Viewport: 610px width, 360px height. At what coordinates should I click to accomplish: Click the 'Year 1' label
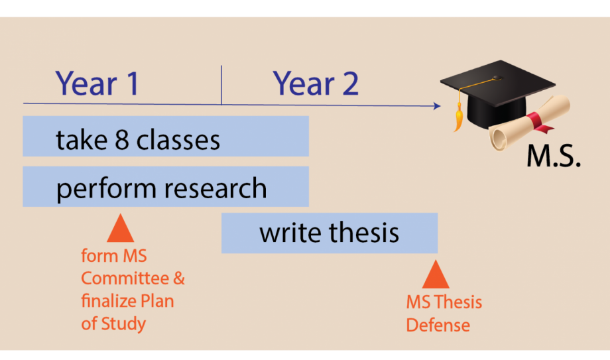click(97, 84)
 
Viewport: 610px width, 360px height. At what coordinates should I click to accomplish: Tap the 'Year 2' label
click(316, 84)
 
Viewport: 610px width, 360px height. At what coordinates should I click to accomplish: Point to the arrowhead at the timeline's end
click(437, 105)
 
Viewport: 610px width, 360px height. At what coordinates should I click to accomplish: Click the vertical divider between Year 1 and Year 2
click(221, 85)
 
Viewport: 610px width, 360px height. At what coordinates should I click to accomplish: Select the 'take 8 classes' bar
click(166, 136)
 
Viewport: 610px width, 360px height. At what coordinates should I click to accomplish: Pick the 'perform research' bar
click(166, 186)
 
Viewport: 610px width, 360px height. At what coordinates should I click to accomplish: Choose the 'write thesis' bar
click(330, 233)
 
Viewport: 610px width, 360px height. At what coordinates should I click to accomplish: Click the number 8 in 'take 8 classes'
click(122, 140)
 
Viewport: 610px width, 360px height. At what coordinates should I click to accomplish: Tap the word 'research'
click(215, 188)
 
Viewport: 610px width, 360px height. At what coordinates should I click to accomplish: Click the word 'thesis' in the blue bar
click(364, 232)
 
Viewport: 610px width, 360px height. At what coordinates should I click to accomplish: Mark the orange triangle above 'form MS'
click(121, 228)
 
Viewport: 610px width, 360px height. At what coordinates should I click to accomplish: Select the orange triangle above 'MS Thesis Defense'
click(436, 274)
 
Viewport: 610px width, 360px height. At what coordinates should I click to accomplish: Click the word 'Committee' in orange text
click(125, 278)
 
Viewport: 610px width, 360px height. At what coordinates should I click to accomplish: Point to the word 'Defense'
click(438, 325)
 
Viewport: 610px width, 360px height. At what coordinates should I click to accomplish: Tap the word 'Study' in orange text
click(123, 324)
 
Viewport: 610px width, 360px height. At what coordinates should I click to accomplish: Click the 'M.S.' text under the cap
click(554, 156)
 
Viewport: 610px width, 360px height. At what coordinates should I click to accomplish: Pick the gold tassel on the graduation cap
click(459, 117)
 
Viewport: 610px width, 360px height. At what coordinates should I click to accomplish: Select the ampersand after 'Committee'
click(179, 278)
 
